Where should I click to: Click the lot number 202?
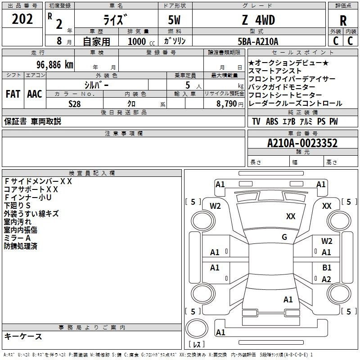pyautogui.click(x=22, y=19)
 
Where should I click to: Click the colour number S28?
pyautogui.click(x=75, y=104)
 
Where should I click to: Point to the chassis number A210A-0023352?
pyautogui.click(x=302, y=143)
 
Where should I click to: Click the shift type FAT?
pyautogui.click(x=13, y=94)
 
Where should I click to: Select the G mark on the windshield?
pyautogui.click(x=284, y=237)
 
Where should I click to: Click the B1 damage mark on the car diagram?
pyautogui.click(x=327, y=268)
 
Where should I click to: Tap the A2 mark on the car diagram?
pyautogui.click(x=327, y=279)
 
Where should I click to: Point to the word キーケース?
pyautogui.click(x=23, y=336)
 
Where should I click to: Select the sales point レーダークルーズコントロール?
pyautogui.click(x=295, y=103)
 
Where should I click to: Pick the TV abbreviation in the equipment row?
pyautogui.click(x=256, y=121)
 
